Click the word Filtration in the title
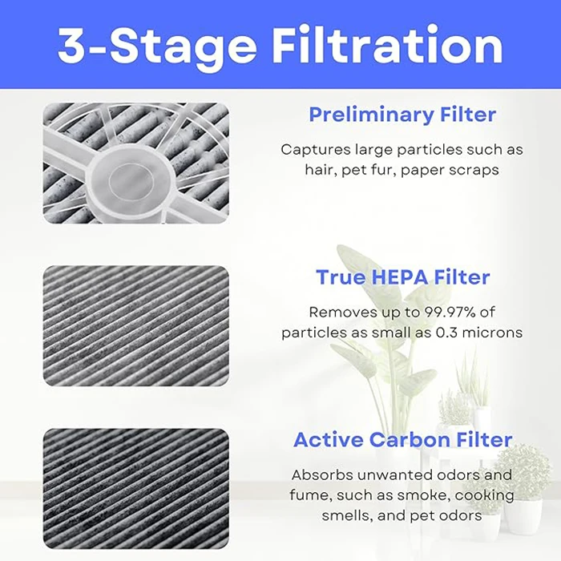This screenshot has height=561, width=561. coord(387,46)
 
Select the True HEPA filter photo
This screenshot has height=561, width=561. coord(135,326)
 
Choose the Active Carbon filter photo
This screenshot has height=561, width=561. coord(135,489)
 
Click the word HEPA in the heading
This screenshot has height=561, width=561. coord(398,277)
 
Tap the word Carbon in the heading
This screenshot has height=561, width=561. coord(424,439)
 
